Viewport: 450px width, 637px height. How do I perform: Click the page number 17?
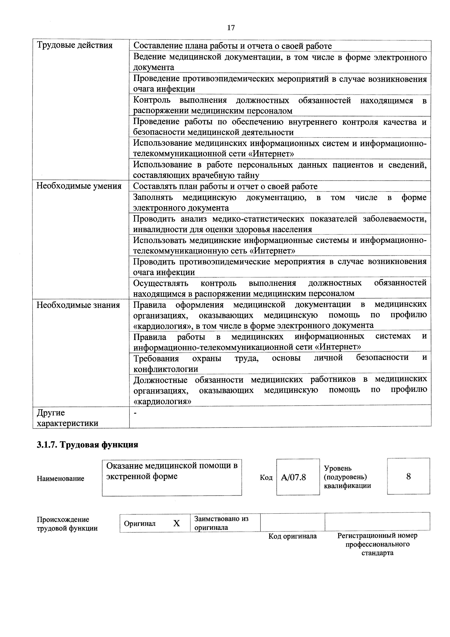[x=231, y=28]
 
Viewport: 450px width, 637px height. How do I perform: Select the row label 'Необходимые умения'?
[x=79, y=186]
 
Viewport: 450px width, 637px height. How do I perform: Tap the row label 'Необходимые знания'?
[x=78, y=305]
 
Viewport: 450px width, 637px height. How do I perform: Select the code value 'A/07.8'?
[x=293, y=477]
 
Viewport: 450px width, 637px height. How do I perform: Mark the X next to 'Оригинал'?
[x=176, y=523]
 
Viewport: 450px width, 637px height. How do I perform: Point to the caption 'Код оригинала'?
[x=292, y=536]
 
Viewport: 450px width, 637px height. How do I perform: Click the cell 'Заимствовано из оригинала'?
[x=221, y=523]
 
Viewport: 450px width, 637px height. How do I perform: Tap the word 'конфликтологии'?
[x=166, y=369]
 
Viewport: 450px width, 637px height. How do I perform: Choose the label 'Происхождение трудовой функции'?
[x=67, y=524]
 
